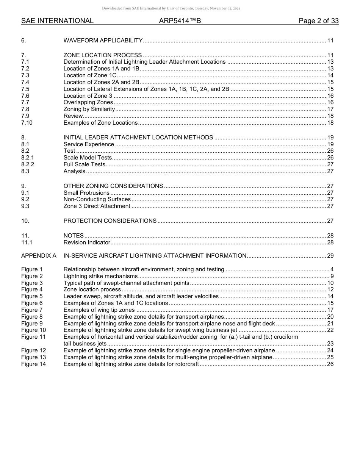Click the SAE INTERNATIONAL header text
point(57,21)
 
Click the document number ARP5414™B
point(180,21)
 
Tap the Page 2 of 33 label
point(318,21)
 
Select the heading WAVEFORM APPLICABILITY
point(103,41)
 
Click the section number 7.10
point(27,123)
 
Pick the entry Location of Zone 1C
point(90,75)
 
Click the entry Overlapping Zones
point(88,102)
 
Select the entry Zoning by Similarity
point(89,109)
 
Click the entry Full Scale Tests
point(84,164)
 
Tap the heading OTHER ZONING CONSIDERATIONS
point(113,186)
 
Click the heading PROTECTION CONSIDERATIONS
point(110,221)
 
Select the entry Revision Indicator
point(87,242)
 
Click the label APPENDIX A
point(39,256)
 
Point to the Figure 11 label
point(33,337)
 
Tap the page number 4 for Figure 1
point(332,269)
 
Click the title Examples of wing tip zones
point(99,310)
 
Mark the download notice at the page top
point(171,8)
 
